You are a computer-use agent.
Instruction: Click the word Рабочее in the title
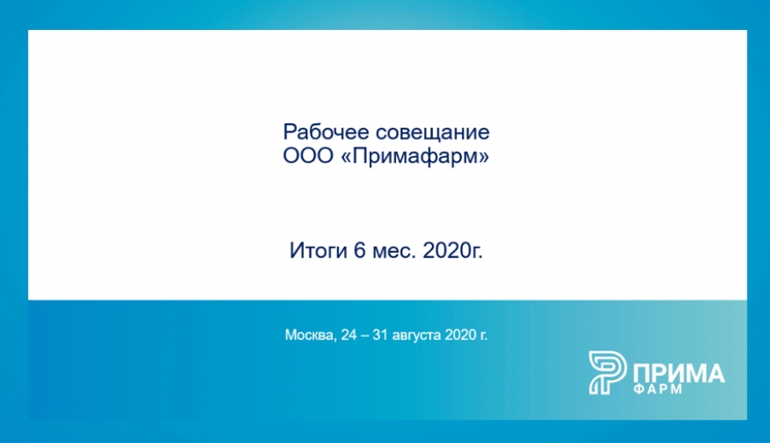pyautogui.click(x=326, y=132)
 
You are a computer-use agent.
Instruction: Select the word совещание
pyautogui.click(x=433, y=133)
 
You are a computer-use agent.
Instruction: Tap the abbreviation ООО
pyautogui.click(x=308, y=156)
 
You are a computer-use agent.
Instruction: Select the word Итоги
pyautogui.click(x=318, y=251)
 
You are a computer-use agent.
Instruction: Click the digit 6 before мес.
pyautogui.click(x=360, y=251)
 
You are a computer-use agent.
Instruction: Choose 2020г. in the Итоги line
pyautogui.click(x=453, y=251)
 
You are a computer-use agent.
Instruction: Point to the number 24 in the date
pyautogui.click(x=349, y=335)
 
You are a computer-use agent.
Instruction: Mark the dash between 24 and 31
pyautogui.click(x=364, y=336)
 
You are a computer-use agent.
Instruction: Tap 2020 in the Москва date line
pyautogui.click(x=460, y=335)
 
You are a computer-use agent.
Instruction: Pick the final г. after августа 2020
pyautogui.click(x=483, y=336)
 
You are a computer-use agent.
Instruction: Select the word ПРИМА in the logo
pyautogui.click(x=678, y=374)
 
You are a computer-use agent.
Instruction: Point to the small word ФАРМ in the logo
pyautogui.click(x=658, y=389)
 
